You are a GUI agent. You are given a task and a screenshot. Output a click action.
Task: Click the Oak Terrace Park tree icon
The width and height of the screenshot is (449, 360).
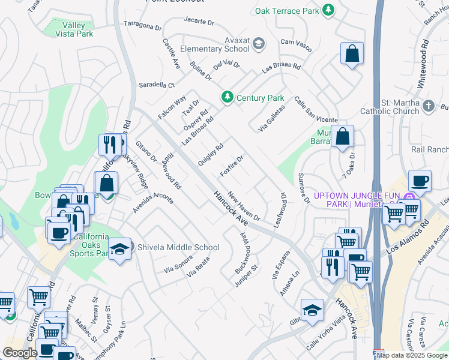click(328, 10)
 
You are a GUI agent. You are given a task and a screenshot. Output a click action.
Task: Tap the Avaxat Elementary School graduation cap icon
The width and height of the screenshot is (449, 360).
click(259, 43)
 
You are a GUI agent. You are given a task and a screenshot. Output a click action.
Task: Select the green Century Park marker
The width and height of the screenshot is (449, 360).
click(228, 97)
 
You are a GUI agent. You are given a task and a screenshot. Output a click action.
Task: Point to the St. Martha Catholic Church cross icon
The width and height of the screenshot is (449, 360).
click(428, 106)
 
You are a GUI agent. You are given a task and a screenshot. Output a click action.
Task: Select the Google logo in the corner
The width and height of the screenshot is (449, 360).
click(20, 352)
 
